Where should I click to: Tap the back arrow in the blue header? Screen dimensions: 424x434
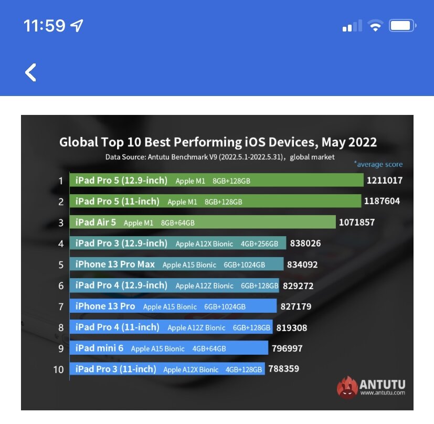point(31,72)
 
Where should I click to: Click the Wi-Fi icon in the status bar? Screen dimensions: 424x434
point(375,26)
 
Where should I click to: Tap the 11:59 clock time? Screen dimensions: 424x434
point(45,26)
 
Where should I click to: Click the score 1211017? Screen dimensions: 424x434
point(385,181)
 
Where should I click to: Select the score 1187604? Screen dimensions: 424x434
point(383,202)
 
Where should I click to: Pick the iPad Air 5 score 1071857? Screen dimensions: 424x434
point(357,222)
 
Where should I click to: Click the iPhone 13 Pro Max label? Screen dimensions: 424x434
point(115,264)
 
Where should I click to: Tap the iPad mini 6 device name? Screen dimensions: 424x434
point(100,348)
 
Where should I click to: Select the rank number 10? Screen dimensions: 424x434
point(59,369)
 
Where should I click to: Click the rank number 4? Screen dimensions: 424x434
point(61,243)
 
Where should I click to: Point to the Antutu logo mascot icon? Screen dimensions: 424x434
point(347,387)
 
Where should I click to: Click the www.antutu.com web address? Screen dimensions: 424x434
point(383,393)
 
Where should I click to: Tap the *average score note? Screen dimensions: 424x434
point(378,164)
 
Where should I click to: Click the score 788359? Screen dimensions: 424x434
point(283,369)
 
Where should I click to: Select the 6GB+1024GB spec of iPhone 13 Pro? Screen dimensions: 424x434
point(225,307)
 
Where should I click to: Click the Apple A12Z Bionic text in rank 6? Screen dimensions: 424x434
point(205,286)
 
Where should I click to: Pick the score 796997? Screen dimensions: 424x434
point(287,348)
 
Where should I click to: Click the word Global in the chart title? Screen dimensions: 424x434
point(78,142)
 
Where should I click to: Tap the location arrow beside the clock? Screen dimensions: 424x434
point(77,26)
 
